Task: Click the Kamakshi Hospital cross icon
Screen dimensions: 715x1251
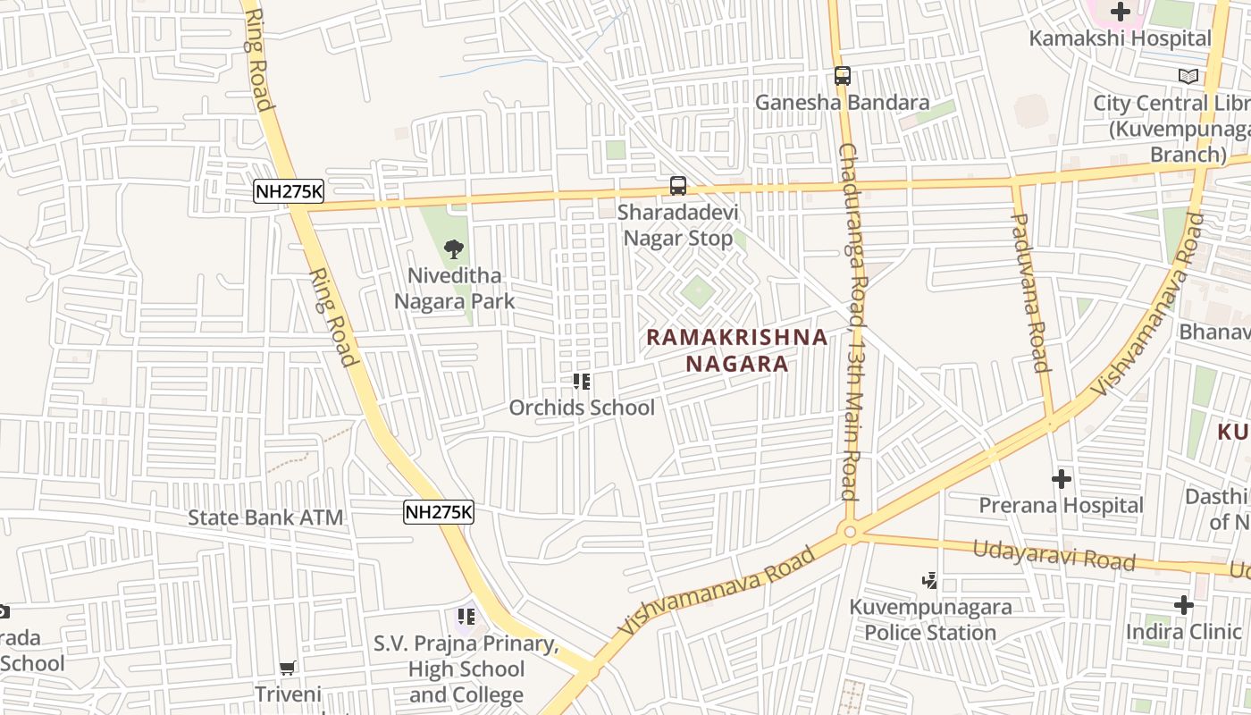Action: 1120,12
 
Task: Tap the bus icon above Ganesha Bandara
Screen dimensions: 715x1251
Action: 843,76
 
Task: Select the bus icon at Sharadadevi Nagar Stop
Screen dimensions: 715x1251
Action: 678,186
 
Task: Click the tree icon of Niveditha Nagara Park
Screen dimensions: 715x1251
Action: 454,249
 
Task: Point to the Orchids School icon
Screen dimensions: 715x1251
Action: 582,383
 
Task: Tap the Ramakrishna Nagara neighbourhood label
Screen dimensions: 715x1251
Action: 737,350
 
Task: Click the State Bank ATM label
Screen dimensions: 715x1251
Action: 265,517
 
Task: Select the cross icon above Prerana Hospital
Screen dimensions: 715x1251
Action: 1061,479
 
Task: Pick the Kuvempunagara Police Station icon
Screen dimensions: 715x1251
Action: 930,581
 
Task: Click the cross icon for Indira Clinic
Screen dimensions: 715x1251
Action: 1184,605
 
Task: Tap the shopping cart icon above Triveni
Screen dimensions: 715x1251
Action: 288,668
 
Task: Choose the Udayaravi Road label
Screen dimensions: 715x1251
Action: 1054,555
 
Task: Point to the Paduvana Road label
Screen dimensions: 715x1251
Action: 1030,291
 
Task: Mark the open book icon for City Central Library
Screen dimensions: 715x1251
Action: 1188,77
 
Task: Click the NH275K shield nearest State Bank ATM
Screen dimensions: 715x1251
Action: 438,512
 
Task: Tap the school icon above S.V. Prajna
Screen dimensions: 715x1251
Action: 466,616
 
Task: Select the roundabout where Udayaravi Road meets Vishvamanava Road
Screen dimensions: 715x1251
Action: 850,533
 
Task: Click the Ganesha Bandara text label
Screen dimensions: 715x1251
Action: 842,103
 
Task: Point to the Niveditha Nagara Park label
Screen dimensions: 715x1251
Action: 455,288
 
